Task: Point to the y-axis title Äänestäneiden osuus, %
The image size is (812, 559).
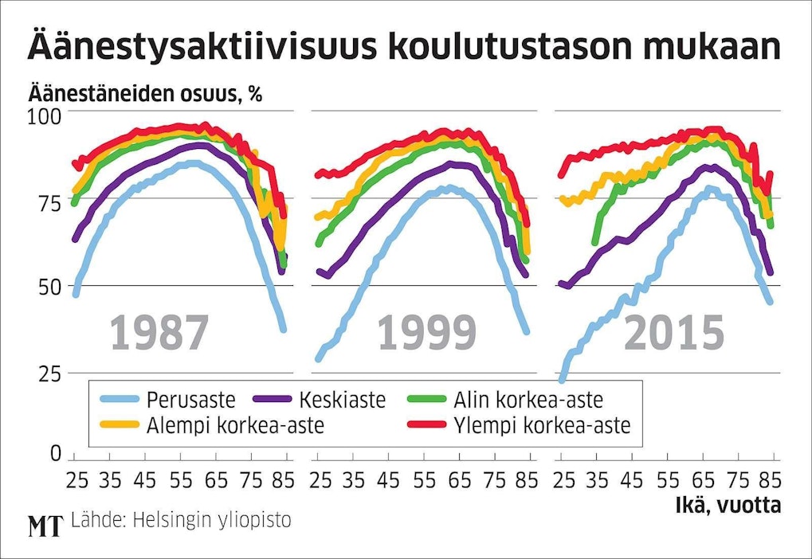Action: pos(145,93)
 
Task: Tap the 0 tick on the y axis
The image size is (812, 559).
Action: pos(54,454)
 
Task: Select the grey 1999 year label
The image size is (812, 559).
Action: pos(426,333)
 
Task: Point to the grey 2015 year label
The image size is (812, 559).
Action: pos(673,333)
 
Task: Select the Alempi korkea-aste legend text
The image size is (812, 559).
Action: pos(235,425)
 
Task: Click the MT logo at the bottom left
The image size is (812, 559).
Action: pos(45,525)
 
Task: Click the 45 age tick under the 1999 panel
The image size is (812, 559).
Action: pos(387,481)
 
